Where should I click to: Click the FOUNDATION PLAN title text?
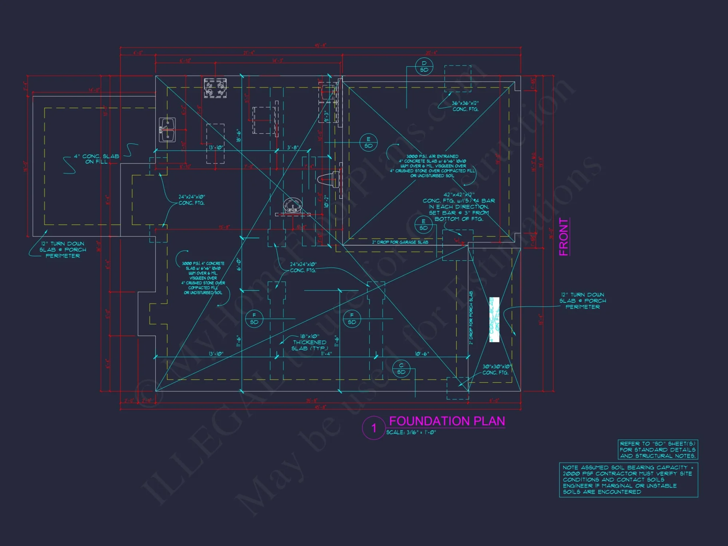447,421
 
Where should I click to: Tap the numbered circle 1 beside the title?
373,428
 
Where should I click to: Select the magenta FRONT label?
563,237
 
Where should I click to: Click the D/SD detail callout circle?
424,67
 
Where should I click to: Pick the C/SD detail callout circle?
401,369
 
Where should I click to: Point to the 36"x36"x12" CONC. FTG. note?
465,106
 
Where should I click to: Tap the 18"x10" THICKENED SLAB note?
310,342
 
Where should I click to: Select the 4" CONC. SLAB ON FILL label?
96,159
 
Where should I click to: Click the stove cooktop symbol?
215,88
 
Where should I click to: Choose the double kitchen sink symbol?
167,130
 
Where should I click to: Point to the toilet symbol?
329,179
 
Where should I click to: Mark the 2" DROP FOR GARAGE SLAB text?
400,242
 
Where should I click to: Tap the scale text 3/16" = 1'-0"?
411,432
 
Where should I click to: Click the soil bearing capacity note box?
628,480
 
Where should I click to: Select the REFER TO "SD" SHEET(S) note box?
658,450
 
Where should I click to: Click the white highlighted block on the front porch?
494,320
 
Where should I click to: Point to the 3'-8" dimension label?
293,147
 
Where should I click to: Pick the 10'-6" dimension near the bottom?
422,354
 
